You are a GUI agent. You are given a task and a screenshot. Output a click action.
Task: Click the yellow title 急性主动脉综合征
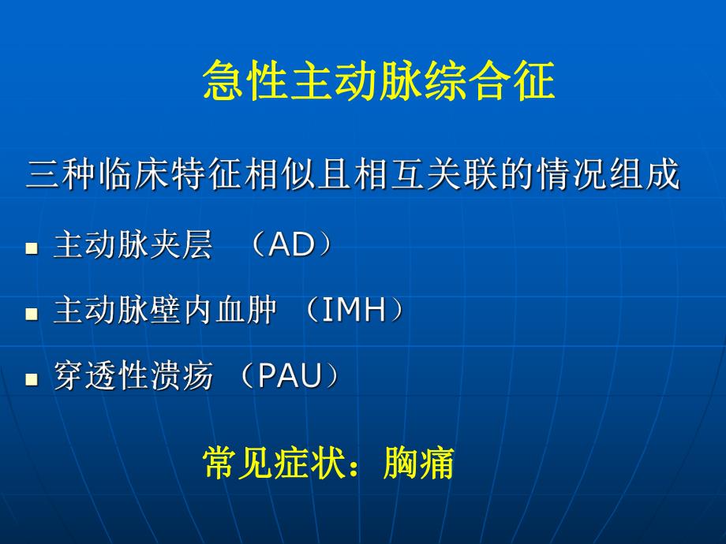point(379,82)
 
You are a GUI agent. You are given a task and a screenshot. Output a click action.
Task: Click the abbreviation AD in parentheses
point(292,247)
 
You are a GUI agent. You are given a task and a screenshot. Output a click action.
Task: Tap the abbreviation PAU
point(290,377)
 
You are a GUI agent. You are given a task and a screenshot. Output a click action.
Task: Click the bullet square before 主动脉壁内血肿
point(32,314)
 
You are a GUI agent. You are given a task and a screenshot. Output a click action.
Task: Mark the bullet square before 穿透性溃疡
point(32,379)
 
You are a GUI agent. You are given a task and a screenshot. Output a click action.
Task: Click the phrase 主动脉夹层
point(133,247)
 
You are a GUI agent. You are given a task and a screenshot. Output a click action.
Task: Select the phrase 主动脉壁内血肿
point(165,311)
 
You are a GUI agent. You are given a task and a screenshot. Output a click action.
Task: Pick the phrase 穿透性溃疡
point(133,377)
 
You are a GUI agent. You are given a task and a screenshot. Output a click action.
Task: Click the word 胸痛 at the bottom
point(418,464)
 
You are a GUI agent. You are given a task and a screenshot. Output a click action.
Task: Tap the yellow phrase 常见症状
point(274,464)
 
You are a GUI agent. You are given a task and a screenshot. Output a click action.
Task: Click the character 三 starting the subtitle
point(41,175)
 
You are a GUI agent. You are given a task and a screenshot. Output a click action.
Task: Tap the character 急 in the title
point(222,82)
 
